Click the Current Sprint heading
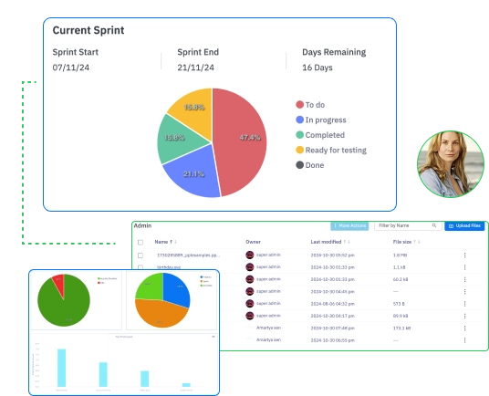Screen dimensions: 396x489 (88, 30)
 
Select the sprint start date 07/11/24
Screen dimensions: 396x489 (71, 68)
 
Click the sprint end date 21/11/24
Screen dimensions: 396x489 (195, 68)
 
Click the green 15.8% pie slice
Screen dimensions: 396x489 (173, 138)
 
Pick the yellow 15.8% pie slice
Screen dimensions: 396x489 (192, 108)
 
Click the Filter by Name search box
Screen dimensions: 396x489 (406, 225)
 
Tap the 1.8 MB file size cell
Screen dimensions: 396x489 (399, 255)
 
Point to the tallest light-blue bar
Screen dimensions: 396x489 (62, 368)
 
